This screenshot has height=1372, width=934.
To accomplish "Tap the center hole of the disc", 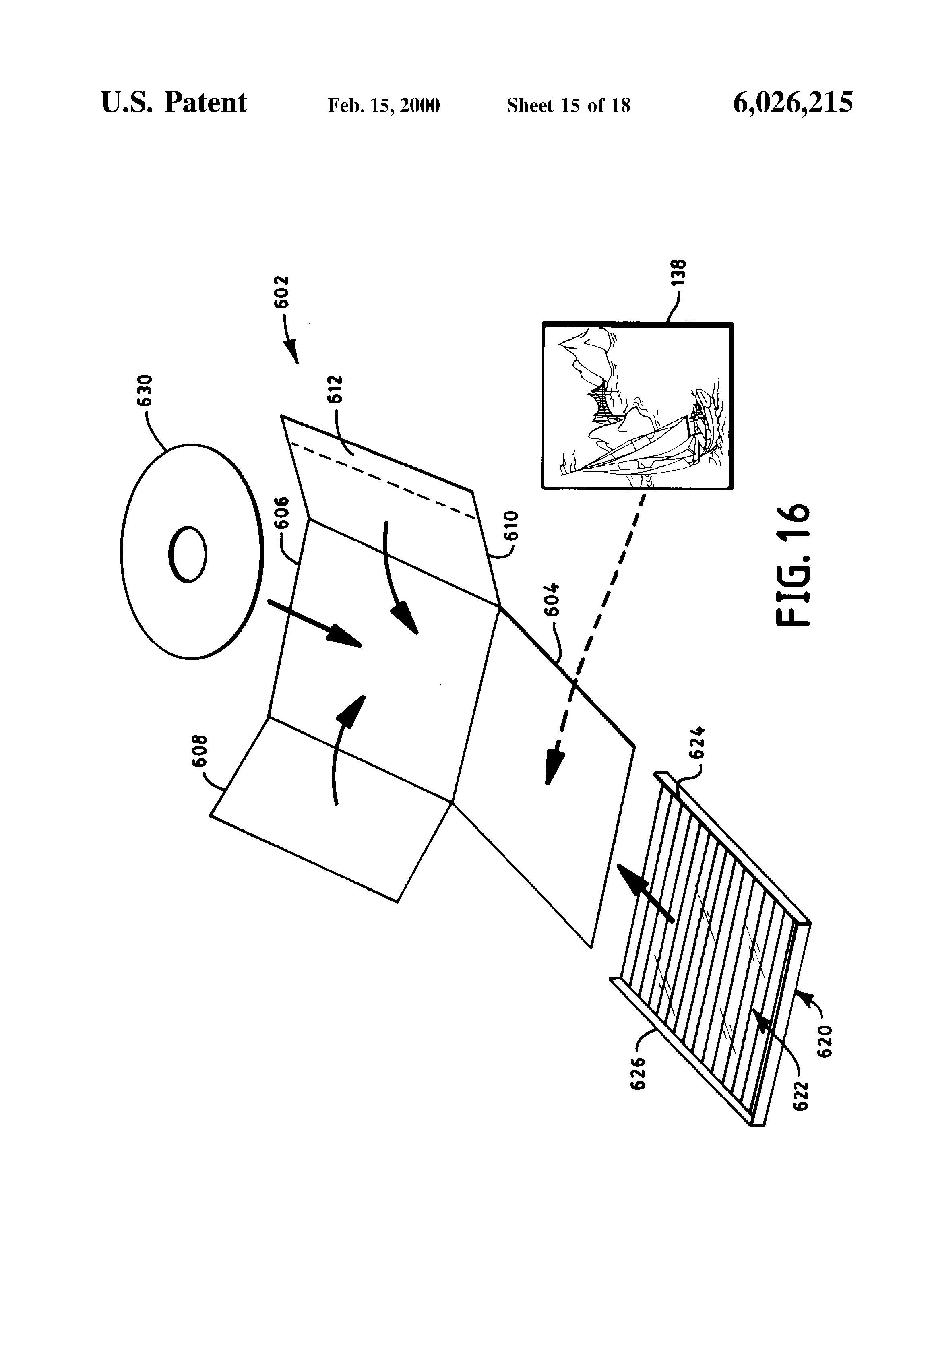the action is [x=188, y=554].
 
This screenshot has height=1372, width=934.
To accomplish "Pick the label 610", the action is [x=510, y=527].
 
